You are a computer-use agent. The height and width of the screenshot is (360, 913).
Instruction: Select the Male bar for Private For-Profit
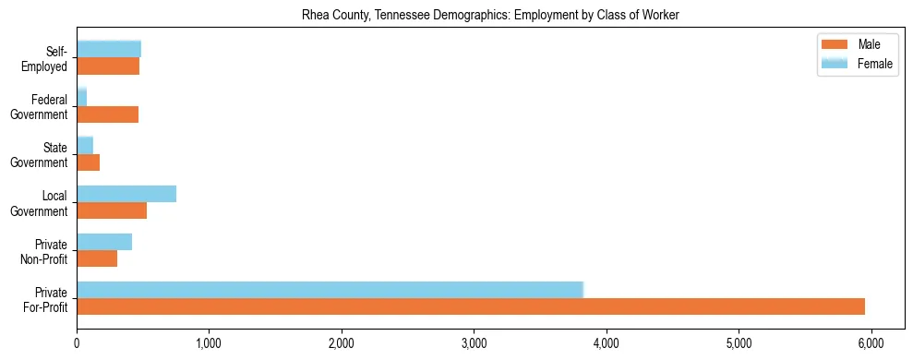pyautogui.click(x=471, y=306)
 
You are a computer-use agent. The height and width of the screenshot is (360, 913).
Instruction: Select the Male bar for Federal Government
pyautogui.click(x=107, y=114)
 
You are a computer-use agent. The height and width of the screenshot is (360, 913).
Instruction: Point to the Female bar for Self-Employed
pyautogui.click(x=109, y=49)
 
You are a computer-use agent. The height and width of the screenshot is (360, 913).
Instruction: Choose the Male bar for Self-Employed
pyautogui.click(x=108, y=66)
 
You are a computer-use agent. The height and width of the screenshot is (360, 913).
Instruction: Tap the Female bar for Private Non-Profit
pyautogui.click(x=104, y=242)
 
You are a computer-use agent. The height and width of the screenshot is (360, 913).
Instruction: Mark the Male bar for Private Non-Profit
pyautogui.click(x=97, y=258)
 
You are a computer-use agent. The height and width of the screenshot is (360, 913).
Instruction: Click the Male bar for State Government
pyautogui.click(x=88, y=162)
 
